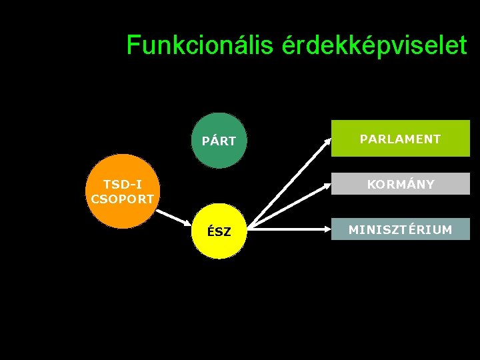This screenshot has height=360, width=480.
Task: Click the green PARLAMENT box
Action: pyautogui.click(x=400, y=138)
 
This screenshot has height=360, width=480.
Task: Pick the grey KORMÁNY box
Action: pyautogui.click(x=400, y=183)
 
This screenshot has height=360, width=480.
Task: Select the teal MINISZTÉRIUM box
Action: pyautogui.click(x=400, y=229)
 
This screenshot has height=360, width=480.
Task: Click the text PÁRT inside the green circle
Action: pyautogui.click(x=219, y=141)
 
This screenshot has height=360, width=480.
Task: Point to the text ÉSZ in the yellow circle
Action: pyautogui.click(x=219, y=232)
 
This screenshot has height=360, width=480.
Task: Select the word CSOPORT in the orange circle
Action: pyautogui.click(x=122, y=199)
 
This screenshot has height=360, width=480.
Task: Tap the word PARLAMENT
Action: pyautogui.click(x=400, y=139)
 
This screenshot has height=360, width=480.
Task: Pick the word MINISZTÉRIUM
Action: pyautogui.click(x=400, y=230)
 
